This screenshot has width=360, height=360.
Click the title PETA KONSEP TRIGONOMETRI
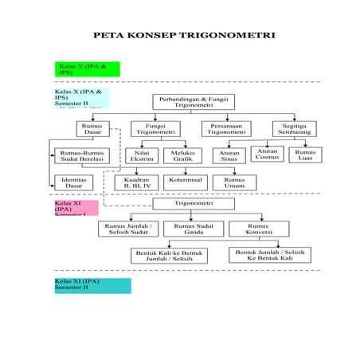(x=184, y=36)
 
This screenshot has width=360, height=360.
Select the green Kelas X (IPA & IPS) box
(x=87, y=68)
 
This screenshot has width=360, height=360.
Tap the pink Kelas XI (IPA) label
(x=76, y=208)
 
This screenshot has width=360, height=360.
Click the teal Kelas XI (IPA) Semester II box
(x=92, y=285)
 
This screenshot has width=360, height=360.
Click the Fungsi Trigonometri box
(x=155, y=128)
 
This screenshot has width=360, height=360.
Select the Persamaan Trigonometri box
(x=226, y=128)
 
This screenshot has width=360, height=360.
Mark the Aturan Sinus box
(x=229, y=155)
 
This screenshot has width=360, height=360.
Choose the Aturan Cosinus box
(x=268, y=154)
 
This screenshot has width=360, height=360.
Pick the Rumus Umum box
(x=234, y=182)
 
